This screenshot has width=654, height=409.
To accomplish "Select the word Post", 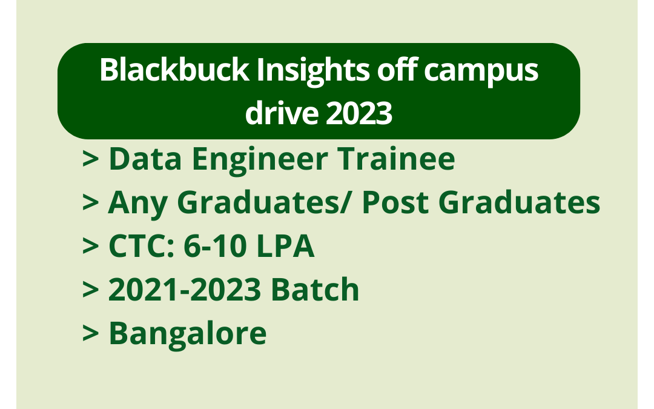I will point(396,203).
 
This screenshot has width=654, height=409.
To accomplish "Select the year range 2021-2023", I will point(185,290).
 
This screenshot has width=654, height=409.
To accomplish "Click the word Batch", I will point(315,290).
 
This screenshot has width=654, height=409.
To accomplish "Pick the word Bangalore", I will point(187,333).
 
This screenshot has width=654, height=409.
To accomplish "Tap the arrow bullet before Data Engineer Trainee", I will point(91,160).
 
